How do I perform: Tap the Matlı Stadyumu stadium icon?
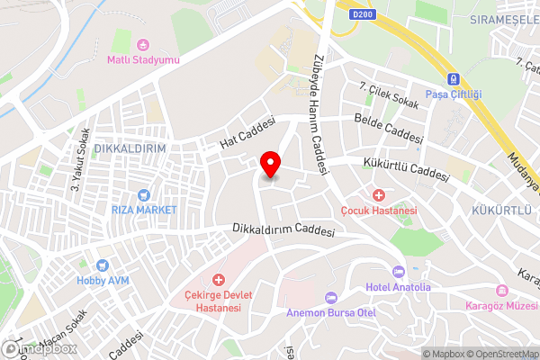pyautogui.click(x=142, y=44)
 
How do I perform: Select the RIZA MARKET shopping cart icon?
pyautogui.click(x=142, y=194)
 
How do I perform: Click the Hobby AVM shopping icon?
pyautogui.click(x=102, y=266)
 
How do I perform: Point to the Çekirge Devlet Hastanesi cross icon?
pyautogui.click(x=218, y=281)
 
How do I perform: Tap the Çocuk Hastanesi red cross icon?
pyautogui.click(x=379, y=194)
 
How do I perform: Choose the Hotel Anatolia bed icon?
pyautogui.click(x=399, y=272)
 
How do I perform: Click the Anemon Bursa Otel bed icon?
pyautogui.click(x=330, y=297)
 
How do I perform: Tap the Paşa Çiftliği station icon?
pyautogui.click(x=454, y=78)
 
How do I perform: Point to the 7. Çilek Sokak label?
pyautogui.click(x=389, y=95)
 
